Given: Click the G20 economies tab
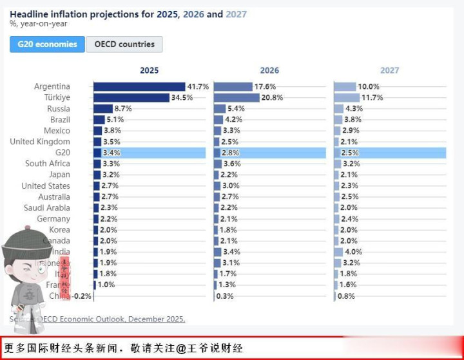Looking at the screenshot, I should (x=47, y=44).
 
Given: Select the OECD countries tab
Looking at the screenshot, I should (x=124, y=44).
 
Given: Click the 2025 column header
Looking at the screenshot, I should (x=149, y=71).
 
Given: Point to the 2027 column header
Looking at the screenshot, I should (x=389, y=71).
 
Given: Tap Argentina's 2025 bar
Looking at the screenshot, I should (x=139, y=86).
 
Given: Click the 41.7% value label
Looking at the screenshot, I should (x=198, y=86).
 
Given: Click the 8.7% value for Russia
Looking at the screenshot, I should (x=122, y=109).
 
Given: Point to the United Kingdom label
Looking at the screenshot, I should (x=40, y=142).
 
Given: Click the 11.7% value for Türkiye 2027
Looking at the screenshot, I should (x=372, y=97).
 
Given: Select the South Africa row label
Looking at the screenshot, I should (x=48, y=164).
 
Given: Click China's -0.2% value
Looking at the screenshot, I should (x=82, y=296).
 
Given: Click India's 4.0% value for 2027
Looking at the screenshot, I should (x=353, y=252).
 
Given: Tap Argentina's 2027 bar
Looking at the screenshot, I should (x=345, y=86).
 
